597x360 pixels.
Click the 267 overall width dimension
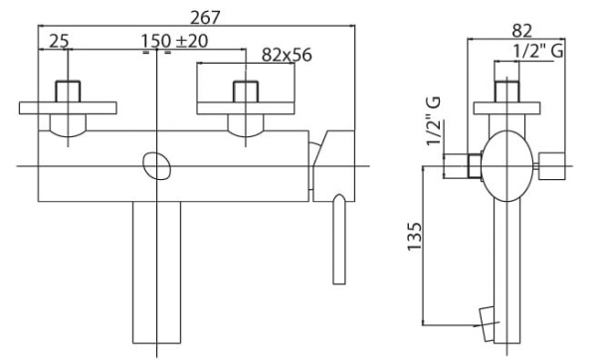[205, 18]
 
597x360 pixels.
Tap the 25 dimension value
[59, 41]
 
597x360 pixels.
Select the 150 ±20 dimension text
[175, 41]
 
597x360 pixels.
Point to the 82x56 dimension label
[287, 55]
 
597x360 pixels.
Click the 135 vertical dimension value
[415, 236]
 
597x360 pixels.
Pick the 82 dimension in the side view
[521, 31]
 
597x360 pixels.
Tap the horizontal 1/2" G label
[538, 52]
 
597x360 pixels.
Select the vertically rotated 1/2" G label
[434, 121]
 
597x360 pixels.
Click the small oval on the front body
[156, 166]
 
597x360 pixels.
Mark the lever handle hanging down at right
[339, 239]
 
